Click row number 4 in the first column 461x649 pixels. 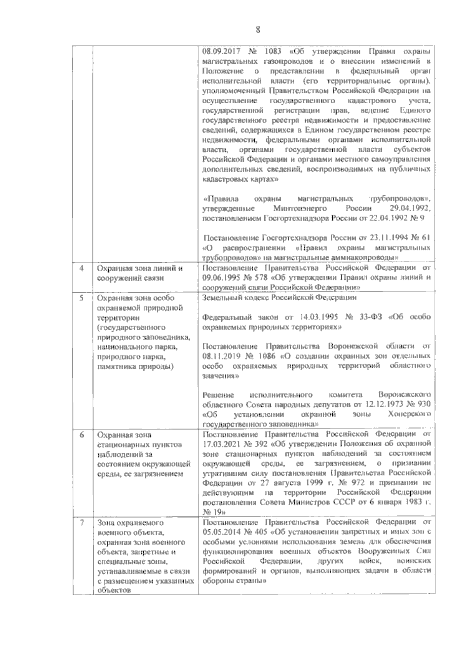click(81, 268)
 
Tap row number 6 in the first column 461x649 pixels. click(81, 435)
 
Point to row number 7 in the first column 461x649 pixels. click(81, 523)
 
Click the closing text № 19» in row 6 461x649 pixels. click(214, 513)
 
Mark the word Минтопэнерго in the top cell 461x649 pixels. click(300, 209)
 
